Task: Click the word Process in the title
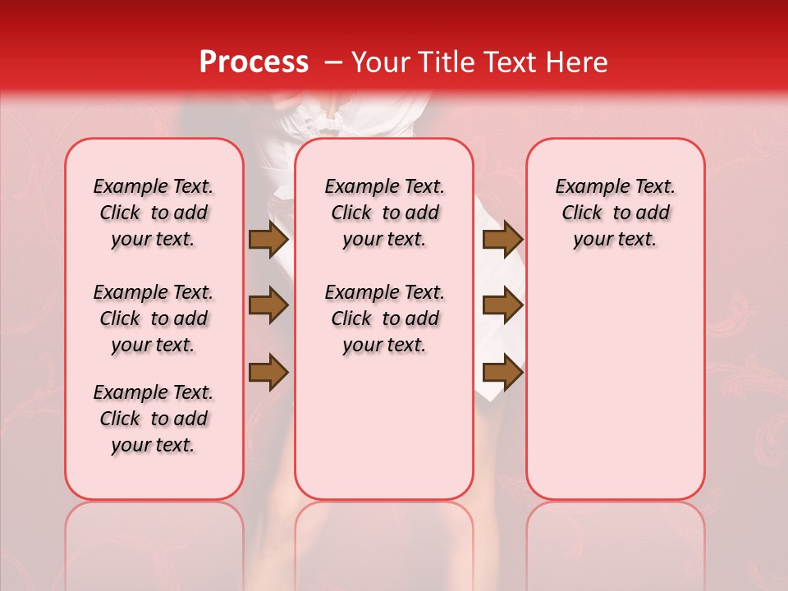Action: click(253, 62)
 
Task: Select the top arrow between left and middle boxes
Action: click(268, 240)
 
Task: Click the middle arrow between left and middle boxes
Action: click(268, 305)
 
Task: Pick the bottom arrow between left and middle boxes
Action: click(268, 373)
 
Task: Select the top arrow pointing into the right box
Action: click(502, 240)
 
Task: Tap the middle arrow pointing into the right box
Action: click(502, 305)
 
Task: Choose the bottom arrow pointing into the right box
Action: click(502, 373)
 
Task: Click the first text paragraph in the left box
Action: click(153, 213)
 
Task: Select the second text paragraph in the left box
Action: click(153, 318)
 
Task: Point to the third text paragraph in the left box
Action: click(153, 419)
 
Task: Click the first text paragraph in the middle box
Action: click(384, 213)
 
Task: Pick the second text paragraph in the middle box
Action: click(384, 318)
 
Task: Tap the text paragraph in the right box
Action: click(616, 213)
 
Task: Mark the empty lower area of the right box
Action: click(616, 394)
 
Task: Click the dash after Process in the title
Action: click(333, 62)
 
